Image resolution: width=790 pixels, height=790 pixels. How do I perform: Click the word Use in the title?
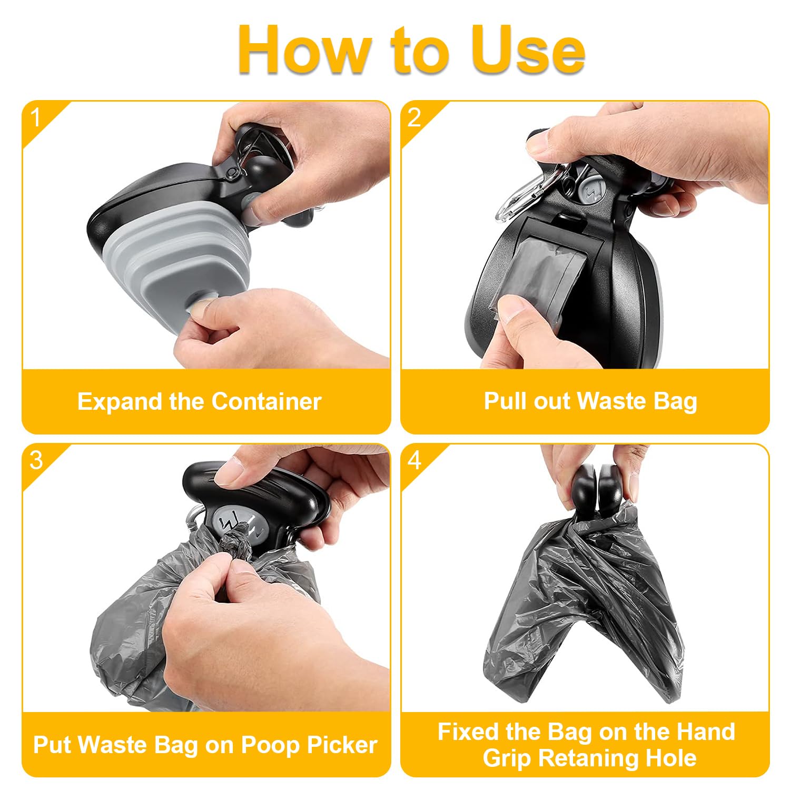(x=528, y=50)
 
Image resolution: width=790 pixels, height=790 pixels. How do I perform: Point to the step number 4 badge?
(x=414, y=460)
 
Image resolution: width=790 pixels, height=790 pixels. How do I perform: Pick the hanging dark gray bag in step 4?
(x=584, y=606)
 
